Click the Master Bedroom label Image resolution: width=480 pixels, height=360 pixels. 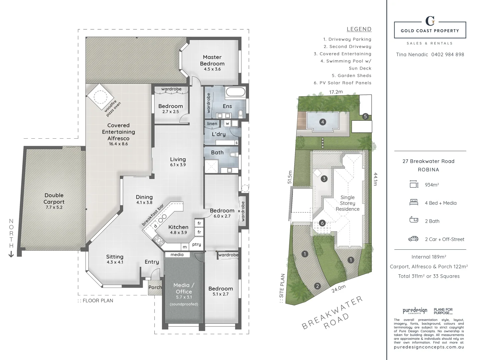(x=212, y=60)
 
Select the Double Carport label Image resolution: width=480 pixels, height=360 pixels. (x=54, y=198)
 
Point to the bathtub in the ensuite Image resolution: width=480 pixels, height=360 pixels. (x=235, y=93)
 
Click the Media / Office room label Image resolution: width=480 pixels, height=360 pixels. (x=184, y=288)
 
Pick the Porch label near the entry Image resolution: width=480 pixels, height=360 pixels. (x=155, y=287)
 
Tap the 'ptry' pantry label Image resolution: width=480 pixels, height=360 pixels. (x=197, y=244)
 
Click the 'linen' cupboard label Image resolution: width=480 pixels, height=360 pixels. (x=212, y=124)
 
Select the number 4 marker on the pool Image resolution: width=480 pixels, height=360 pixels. (x=322, y=122)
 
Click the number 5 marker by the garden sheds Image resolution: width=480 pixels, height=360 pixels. (x=365, y=116)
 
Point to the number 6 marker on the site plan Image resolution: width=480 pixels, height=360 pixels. (x=322, y=223)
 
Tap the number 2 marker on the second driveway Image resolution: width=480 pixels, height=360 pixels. (x=317, y=286)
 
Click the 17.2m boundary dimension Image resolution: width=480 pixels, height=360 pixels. (x=336, y=92)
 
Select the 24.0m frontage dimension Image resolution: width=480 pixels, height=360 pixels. (x=338, y=289)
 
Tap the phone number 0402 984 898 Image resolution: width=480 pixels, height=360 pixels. (x=448, y=54)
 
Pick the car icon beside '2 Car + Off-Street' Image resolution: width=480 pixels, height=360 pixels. (x=413, y=239)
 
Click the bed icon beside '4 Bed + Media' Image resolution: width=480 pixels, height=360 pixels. (x=414, y=202)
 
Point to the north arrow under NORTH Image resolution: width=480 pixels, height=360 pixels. (x=11, y=254)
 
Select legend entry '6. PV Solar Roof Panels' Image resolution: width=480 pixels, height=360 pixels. (x=342, y=83)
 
